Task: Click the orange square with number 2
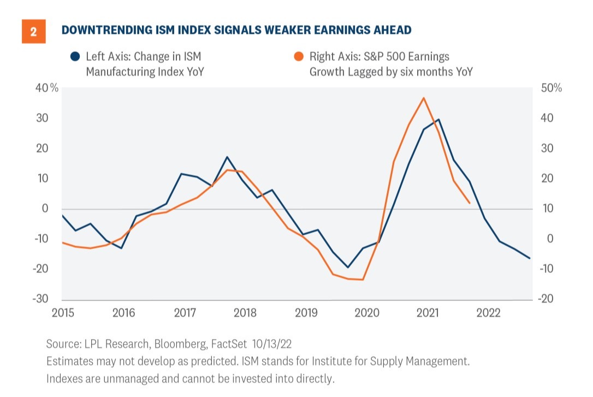(x=33, y=32)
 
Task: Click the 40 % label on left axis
(x=46, y=88)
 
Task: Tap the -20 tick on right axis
(x=548, y=299)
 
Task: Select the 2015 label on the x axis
(x=63, y=313)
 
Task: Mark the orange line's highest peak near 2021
(x=424, y=98)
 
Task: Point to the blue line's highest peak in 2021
(x=438, y=119)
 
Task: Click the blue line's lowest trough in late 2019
(x=348, y=268)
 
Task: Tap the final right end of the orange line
(x=470, y=203)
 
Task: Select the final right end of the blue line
(x=530, y=258)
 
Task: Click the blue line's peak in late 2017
(x=227, y=157)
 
